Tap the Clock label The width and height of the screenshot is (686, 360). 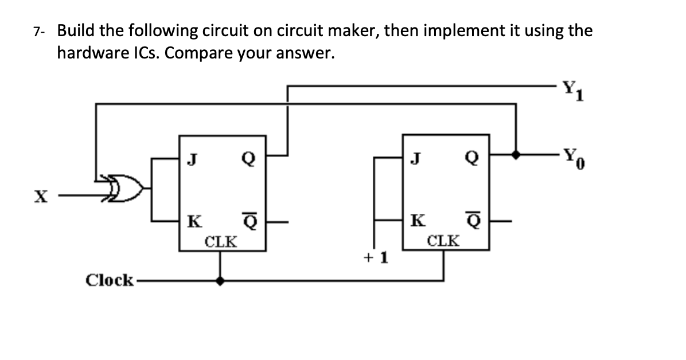[x=109, y=280]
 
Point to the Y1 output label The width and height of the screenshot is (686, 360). [x=572, y=89]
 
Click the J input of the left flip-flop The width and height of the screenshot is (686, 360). [x=194, y=156]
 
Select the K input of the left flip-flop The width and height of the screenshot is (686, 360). [x=194, y=221]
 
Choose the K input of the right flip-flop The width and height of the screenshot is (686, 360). [x=419, y=221]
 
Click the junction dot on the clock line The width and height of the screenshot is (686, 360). [x=220, y=281]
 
